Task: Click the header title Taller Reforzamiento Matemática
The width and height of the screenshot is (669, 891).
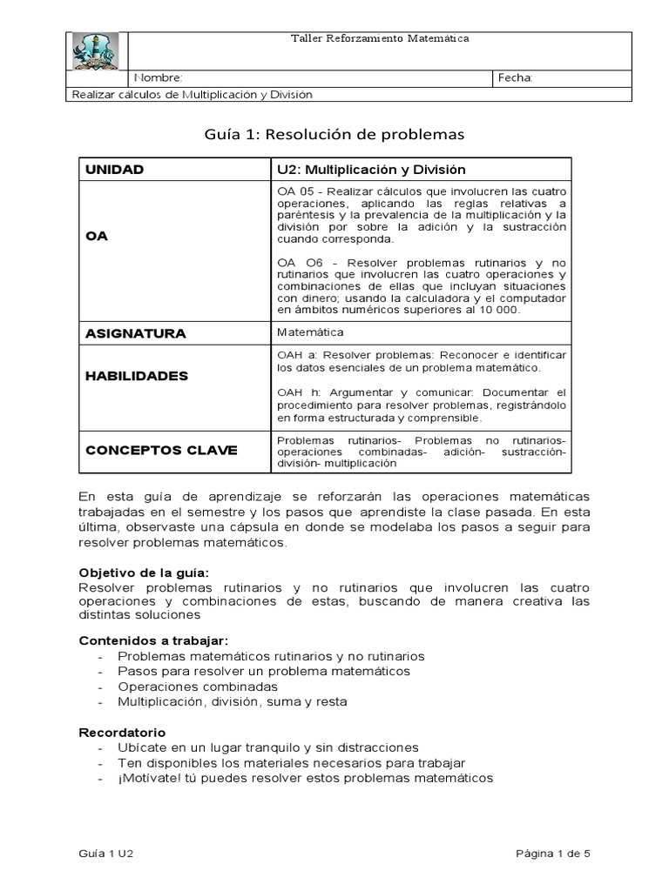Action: point(379,39)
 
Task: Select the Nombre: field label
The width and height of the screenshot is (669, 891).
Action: point(159,78)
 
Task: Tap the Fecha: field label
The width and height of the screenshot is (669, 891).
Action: point(514,78)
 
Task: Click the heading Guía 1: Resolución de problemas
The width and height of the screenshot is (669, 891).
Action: point(334,135)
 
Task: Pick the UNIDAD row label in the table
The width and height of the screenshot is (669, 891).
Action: point(114,170)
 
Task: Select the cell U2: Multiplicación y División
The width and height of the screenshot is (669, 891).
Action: point(371,170)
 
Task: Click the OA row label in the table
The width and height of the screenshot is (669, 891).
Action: point(96,236)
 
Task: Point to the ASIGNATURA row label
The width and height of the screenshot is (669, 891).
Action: point(135,333)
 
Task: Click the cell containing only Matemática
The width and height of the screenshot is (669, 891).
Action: point(310,332)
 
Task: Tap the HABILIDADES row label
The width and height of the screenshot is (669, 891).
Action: point(136,376)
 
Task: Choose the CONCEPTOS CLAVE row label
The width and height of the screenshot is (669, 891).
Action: point(160,451)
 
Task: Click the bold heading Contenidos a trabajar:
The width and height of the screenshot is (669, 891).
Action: point(153,640)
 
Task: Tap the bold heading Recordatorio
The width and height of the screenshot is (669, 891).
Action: point(122,733)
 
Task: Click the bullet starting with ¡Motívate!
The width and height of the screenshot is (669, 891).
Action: point(305,778)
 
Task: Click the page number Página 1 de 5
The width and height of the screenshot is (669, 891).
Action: point(553,854)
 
